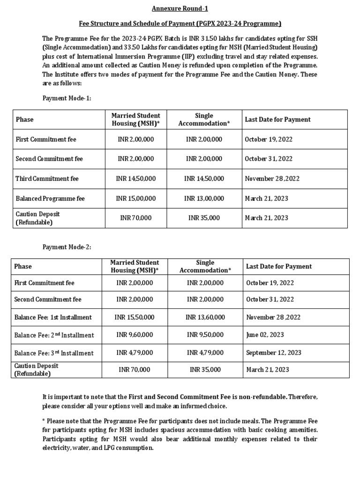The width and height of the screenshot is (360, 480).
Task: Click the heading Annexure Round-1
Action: pos(180,9)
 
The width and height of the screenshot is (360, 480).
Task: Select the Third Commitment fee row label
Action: pos(47,179)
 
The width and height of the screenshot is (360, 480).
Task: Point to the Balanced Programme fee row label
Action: pos(50,198)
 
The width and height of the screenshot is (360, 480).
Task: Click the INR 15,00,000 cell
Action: pos(136,198)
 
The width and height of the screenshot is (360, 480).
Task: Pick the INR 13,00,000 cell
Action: pos(204,198)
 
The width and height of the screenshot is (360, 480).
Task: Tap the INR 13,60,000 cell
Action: pos(205,317)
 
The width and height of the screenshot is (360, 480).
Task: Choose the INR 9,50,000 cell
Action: pos(205,335)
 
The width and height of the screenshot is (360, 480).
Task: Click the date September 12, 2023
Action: pos(274,352)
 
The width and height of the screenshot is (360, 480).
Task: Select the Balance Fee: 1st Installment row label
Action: pos(53,317)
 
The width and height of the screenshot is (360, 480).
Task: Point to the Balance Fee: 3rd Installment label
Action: pos(54,353)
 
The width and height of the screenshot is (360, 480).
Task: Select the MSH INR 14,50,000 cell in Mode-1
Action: pos(136,179)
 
